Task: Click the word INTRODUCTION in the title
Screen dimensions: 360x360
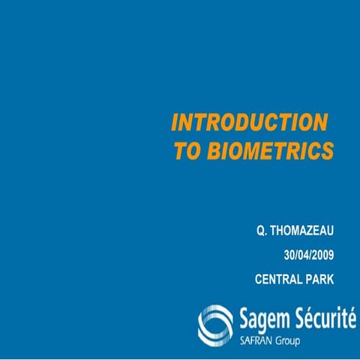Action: coord(250,123)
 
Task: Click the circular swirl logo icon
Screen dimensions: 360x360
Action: coord(215,322)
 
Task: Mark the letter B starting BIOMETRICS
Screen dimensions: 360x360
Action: coord(209,151)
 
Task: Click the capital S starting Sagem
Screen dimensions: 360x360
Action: coord(243,318)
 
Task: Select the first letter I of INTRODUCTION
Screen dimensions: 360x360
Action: coord(175,123)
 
